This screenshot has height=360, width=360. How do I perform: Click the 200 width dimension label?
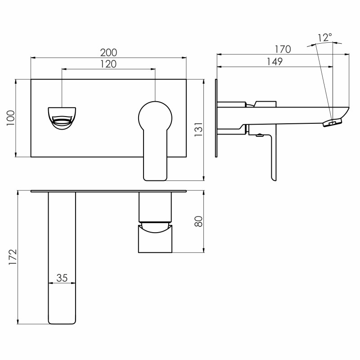pos(108,53)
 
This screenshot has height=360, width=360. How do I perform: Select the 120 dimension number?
pos(108,64)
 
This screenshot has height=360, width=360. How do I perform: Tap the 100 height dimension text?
pos(10,118)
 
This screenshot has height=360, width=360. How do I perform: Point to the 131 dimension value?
pos(198,130)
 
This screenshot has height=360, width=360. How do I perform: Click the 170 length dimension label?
pos(283,49)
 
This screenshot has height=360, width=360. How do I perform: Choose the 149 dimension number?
pos(274,62)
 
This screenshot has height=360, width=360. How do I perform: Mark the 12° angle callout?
pos(324,37)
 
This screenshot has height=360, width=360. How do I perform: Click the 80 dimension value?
pos(198,221)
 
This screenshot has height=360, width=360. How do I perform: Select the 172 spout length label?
pos(13,257)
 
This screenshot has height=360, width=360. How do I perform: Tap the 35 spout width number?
pos(62,278)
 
